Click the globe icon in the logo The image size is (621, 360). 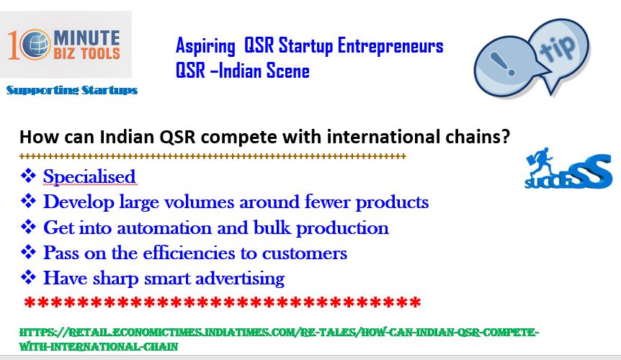35,45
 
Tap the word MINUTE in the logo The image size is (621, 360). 86,38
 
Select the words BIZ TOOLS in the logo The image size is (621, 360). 86,53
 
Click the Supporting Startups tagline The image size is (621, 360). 72,90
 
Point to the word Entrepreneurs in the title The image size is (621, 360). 390,45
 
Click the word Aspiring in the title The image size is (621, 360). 205,46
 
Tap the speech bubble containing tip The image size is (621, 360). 559,50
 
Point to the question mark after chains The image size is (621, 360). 505,137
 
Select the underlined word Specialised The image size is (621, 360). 89,177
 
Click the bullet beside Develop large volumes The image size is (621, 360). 28,201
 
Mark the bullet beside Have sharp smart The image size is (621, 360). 28,277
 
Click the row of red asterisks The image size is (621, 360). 222,302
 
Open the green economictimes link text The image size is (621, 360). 279,339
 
